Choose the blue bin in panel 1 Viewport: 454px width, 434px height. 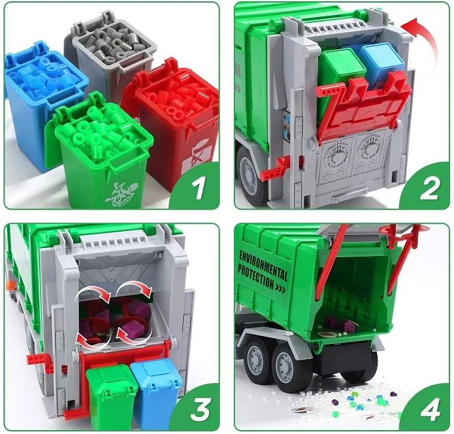point(39,104)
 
